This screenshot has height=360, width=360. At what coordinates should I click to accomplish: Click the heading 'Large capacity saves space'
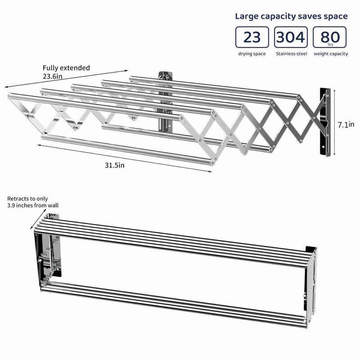291,16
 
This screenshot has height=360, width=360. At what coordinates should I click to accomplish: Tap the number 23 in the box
252,37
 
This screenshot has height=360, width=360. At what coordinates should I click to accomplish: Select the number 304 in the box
291,37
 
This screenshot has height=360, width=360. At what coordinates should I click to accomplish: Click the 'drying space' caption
252,54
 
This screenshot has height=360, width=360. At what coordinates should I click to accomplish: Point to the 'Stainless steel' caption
291,54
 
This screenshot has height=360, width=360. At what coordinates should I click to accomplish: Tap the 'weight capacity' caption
331,54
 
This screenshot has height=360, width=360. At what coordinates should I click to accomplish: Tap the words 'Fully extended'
66,68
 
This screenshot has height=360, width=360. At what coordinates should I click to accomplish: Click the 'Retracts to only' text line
27,198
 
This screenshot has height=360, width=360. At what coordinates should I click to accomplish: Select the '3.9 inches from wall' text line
33,206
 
